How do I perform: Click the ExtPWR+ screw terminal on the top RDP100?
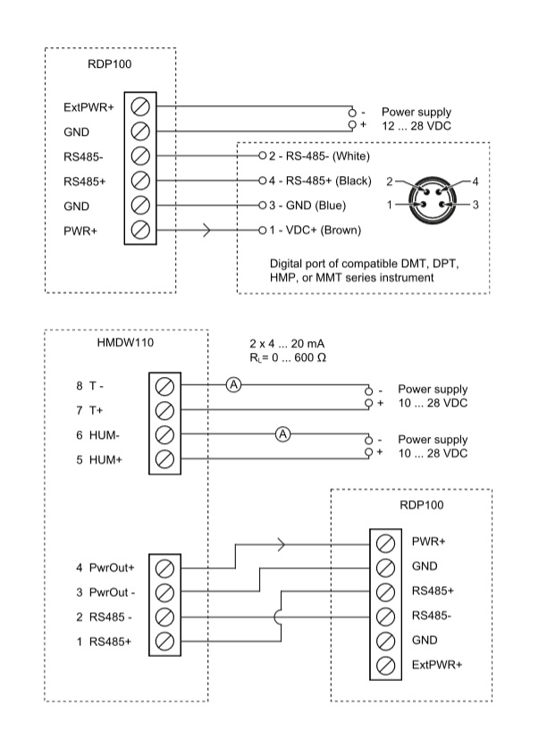point(140,106)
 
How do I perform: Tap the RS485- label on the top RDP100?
point(83,156)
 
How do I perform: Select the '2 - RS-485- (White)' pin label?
point(319,156)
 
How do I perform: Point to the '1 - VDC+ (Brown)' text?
point(315,231)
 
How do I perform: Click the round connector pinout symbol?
point(433,199)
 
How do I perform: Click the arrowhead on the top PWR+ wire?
point(206,231)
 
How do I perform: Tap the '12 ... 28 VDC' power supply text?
point(416,126)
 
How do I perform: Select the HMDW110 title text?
point(125,342)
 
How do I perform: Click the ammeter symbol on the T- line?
point(233,385)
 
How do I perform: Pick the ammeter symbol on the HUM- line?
point(283,434)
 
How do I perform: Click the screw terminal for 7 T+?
point(164,410)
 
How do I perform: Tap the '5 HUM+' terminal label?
point(99,460)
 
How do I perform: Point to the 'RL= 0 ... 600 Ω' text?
point(288,357)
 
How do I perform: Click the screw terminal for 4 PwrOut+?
point(164,568)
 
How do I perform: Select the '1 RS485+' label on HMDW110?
point(104,642)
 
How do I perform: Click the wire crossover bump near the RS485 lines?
point(277,617)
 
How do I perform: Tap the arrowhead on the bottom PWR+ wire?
point(282,544)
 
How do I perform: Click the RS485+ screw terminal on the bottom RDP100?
point(385,592)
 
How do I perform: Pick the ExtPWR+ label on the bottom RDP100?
point(437,665)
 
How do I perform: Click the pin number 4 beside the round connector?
point(475,181)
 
